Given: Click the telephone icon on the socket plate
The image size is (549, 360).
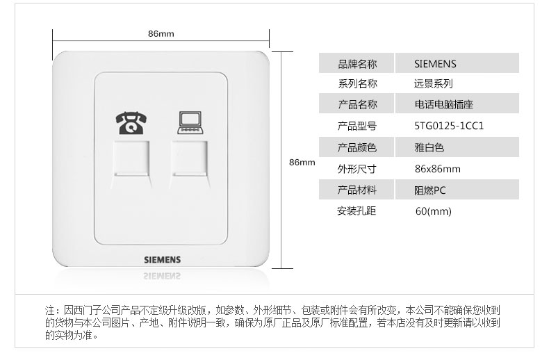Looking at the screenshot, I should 129,123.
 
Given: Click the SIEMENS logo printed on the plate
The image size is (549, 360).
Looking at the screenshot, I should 161,259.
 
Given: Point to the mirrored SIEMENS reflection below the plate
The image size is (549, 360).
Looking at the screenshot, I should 161,277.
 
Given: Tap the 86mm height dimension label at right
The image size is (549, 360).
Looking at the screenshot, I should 302,162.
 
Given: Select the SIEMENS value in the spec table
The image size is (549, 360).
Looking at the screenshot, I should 435,64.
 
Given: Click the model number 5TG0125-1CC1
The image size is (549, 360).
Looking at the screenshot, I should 449,126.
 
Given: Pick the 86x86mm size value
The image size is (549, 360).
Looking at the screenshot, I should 437,169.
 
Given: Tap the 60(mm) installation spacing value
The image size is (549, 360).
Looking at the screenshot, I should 434,211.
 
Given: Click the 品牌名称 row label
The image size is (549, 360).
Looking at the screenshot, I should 357,64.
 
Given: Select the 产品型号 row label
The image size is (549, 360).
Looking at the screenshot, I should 357,126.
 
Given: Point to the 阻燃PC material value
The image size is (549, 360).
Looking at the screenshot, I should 430,190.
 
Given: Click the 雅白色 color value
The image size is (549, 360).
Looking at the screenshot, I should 429,147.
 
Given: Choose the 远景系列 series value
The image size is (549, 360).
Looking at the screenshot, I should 433,84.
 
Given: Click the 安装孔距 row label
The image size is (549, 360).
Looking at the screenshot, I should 357,211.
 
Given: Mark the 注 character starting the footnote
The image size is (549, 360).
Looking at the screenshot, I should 49,310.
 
